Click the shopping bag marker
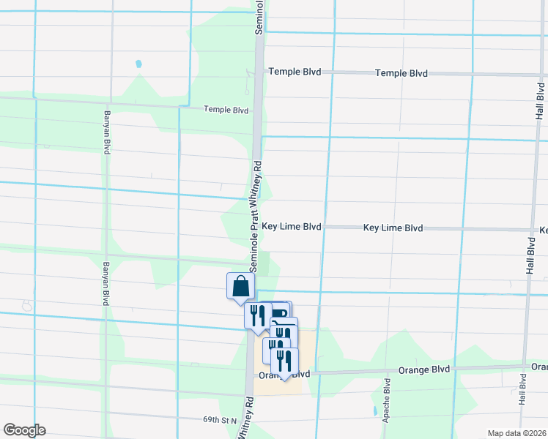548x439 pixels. (240, 287)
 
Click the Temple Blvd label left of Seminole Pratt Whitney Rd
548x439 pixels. (226, 110)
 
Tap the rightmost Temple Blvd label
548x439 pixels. (401, 73)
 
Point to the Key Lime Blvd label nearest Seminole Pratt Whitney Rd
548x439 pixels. (292, 228)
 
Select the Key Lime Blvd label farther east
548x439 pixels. (393, 228)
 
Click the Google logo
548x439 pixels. (24, 430)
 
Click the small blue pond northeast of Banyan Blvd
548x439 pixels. (138, 64)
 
